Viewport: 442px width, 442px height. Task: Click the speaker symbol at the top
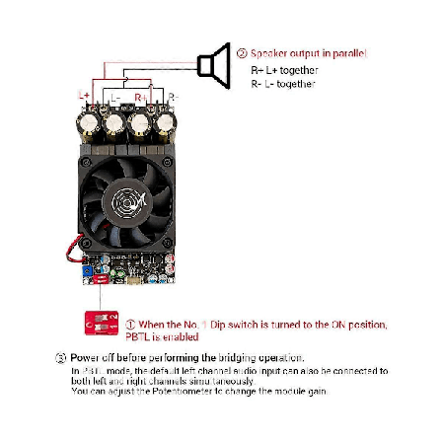(x=208, y=68)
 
